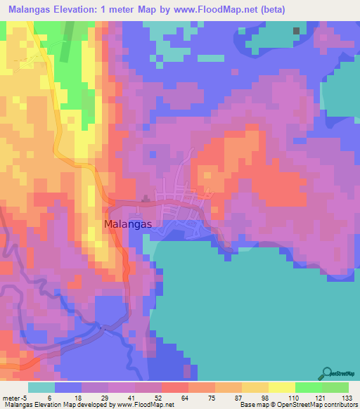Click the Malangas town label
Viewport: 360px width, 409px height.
pyautogui.click(x=132, y=225)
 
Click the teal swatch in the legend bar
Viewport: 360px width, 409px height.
pyautogui.click(x=41, y=387)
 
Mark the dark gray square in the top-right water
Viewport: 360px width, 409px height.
pyautogui.click(x=296, y=31)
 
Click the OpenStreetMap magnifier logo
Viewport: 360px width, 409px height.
pyautogui.click(x=326, y=372)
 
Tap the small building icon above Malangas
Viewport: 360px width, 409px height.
pyautogui.click(x=146, y=199)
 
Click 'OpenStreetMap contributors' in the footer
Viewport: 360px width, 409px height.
pyautogui.click(x=325, y=405)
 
